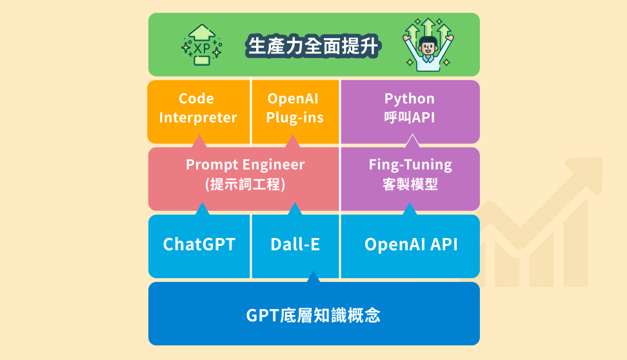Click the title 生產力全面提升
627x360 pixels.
coord(313,46)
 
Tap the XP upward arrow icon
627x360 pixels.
coord(202,45)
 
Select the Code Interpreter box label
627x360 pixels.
coord(197,108)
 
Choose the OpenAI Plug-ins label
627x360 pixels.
coord(294,108)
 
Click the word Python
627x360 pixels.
coord(410,99)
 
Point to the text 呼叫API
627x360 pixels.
coord(410,117)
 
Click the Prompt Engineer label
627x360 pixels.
coord(245,165)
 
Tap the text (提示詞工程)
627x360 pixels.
coord(245,184)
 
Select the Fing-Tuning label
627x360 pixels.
coord(410,165)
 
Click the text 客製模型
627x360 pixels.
coord(410,184)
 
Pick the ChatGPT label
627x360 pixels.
coord(199,245)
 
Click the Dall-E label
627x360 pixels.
coord(295,245)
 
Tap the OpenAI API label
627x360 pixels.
coord(411,245)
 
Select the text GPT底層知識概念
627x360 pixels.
coord(313,315)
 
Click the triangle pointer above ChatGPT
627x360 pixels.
coord(202,210)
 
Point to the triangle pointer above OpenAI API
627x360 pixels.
coord(410,210)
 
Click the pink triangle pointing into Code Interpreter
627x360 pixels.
coord(199,141)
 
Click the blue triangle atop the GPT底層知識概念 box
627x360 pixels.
coord(313,277)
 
